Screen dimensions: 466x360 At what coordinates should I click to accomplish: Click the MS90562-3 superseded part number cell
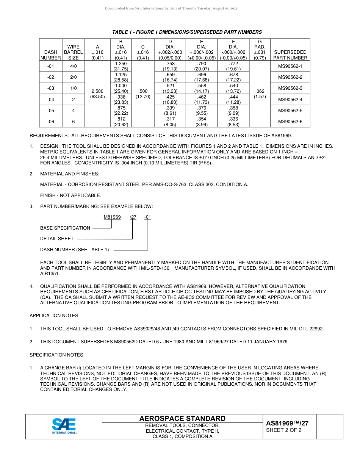(291, 88)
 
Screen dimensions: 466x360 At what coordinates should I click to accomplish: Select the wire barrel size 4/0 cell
(73, 66)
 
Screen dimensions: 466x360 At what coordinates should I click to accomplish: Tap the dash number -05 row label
(51, 111)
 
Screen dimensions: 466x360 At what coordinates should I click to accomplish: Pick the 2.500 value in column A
(97, 91)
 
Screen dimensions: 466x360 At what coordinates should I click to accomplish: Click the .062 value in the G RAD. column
(260, 91)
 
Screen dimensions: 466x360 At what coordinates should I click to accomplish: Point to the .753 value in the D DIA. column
(170, 64)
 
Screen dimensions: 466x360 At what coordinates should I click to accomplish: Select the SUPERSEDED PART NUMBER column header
(291, 55)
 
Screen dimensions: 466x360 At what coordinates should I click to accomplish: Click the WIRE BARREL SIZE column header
(73, 52)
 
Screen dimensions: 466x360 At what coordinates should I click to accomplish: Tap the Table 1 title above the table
(187, 32)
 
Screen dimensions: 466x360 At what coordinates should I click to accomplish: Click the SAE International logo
(64, 426)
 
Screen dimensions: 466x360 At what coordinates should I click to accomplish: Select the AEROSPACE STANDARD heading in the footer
(182, 419)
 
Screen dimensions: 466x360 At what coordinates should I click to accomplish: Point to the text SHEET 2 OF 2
(284, 430)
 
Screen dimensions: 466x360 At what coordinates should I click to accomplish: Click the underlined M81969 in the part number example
(112, 217)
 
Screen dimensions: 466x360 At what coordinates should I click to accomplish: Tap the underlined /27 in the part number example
(133, 217)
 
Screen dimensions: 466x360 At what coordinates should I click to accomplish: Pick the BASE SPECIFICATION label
(65, 228)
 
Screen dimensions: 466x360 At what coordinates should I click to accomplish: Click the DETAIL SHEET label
(57, 239)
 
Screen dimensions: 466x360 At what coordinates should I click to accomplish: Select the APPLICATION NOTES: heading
(55, 316)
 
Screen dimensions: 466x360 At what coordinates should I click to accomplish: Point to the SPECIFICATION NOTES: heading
(57, 355)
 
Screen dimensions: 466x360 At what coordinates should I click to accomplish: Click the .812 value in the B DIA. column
(121, 119)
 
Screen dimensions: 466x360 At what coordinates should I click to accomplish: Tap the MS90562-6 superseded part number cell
(291, 122)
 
